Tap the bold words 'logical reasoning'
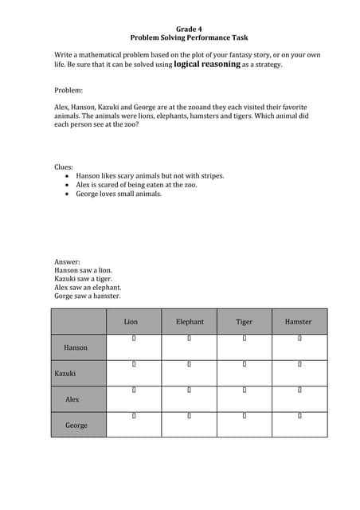coord(207,64)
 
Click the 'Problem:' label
coord(68,90)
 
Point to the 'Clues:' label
coord(65,167)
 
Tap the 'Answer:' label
coord(67,261)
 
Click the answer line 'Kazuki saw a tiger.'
coord(83,279)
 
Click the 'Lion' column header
coord(131,322)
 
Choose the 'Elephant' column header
coord(190,322)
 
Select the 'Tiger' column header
coord(245,322)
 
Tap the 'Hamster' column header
coord(299,322)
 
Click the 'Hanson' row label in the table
coord(76,347)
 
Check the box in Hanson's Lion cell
coord(135,339)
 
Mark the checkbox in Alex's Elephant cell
coord(190,390)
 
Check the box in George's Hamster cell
coord(299,415)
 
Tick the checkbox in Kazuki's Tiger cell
coord(245,364)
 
